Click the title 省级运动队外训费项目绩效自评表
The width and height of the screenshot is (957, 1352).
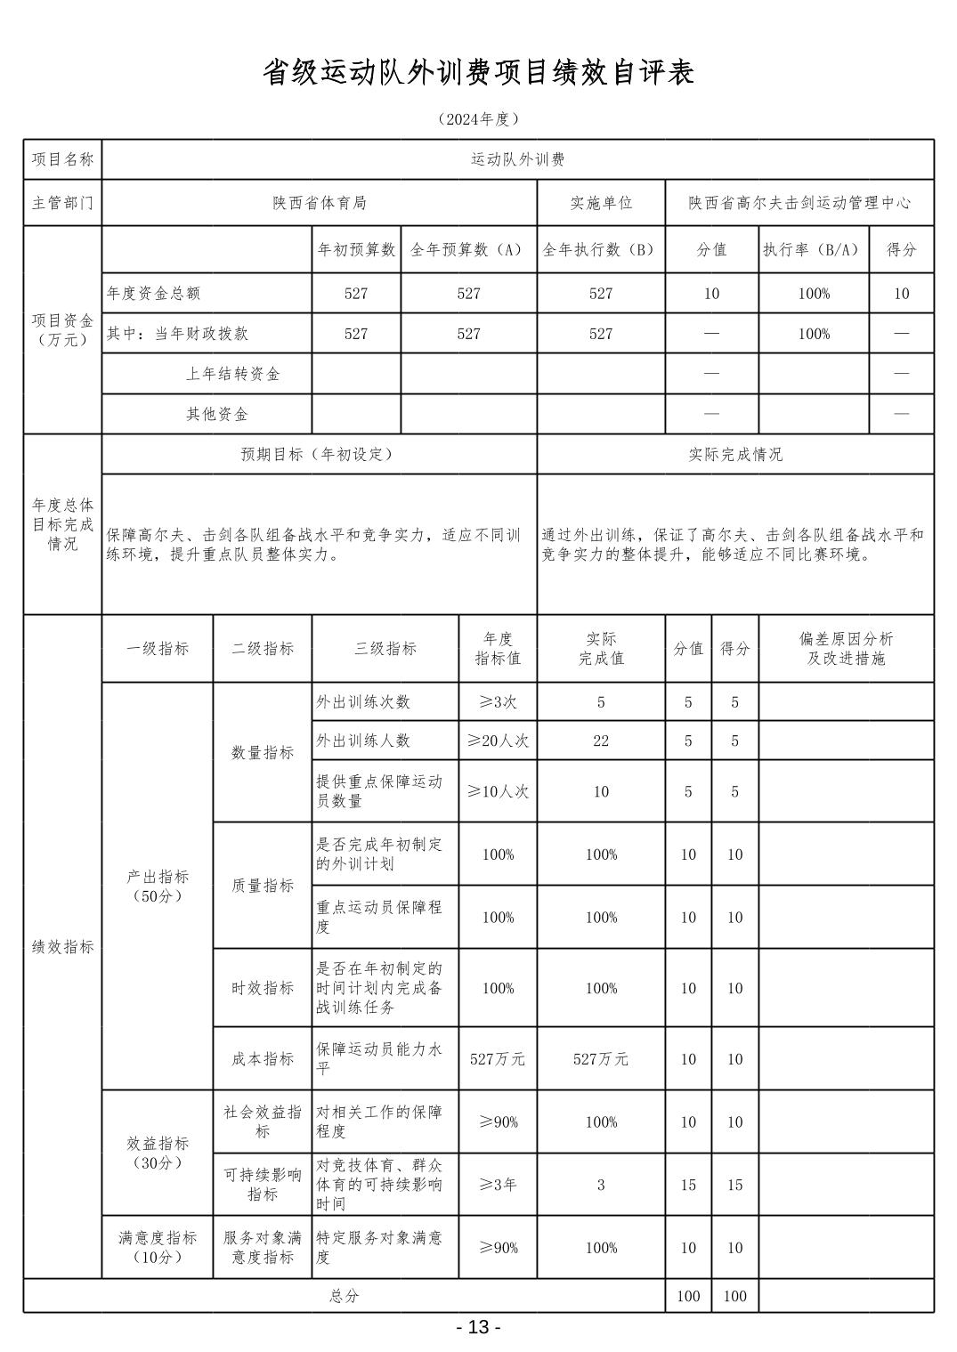(x=478, y=73)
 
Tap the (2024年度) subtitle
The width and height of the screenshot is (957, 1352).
(x=478, y=119)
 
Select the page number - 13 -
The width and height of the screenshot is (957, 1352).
(x=478, y=1327)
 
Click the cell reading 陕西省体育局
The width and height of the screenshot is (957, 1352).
(x=320, y=203)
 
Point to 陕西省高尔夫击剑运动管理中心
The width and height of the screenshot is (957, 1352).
(x=799, y=203)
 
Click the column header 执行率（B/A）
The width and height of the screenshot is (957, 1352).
(x=813, y=250)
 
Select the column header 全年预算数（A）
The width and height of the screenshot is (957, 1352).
(x=468, y=250)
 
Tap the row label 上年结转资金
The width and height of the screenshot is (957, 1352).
(x=233, y=374)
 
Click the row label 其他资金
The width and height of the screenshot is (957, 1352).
(x=217, y=414)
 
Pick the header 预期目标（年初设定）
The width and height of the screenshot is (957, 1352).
(x=318, y=454)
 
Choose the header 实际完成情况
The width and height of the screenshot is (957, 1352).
(x=735, y=454)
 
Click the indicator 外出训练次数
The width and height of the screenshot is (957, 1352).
(x=363, y=701)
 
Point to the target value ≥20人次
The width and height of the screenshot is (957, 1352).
(x=498, y=741)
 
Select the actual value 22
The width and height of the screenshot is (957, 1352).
(x=601, y=741)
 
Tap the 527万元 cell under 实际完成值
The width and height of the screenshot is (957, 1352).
(x=601, y=1059)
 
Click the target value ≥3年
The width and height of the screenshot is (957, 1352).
(x=498, y=1185)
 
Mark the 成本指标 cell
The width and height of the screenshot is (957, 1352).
(x=263, y=1059)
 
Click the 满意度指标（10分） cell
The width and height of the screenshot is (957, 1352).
(x=158, y=1247)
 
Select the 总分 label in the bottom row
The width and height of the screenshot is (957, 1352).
(x=344, y=1296)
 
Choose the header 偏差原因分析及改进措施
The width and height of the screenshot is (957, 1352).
(x=846, y=649)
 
